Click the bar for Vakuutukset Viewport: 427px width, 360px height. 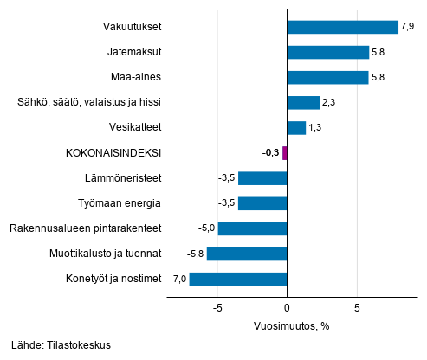pos(342,27)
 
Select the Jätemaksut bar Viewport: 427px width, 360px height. pos(327,52)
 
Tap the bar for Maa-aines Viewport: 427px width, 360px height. pos(327,78)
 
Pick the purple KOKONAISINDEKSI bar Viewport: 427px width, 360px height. pos(284,153)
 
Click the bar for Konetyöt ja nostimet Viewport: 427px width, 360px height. pos(238,279)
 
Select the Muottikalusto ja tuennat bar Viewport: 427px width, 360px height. pos(247,254)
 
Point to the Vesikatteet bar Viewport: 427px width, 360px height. pos(296,128)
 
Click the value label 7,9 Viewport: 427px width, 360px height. pos(409,27)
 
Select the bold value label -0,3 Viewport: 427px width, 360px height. pos(270,153)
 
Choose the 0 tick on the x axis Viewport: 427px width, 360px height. pos(287,307)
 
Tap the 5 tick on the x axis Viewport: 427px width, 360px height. pos(357,307)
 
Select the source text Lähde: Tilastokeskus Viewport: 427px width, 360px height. pos(61,344)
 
